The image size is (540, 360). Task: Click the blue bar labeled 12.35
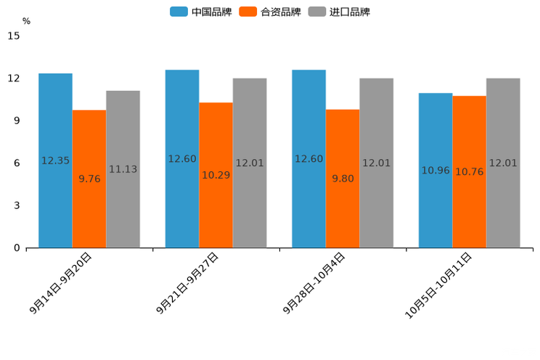pyautogui.click(x=55, y=160)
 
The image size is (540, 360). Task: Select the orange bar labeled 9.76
pyautogui.click(x=89, y=179)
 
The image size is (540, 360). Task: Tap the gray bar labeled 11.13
pyautogui.click(x=123, y=169)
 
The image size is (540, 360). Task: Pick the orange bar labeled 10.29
pyautogui.click(x=216, y=175)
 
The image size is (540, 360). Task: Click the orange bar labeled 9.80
pyautogui.click(x=343, y=179)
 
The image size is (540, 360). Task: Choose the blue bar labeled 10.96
pyautogui.click(x=435, y=171)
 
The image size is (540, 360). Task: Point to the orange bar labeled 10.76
pyautogui.click(x=469, y=172)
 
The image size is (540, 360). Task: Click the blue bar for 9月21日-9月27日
pyautogui.click(x=182, y=159)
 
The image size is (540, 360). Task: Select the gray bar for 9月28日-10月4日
pyautogui.click(x=376, y=163)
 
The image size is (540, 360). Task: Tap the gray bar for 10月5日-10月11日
pyautogui.click(x=503, y=163)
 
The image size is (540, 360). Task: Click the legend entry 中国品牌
pyautogui.click(x=200, y=12)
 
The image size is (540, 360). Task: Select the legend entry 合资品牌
pyautogui.click(x=270, y=12)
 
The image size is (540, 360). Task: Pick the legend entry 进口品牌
pyautogui.click(x=339, y=12)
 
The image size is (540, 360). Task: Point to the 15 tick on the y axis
pyautogui.click(x=14, y=36)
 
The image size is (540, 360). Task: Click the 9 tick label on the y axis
pyautogui.click(x=17, y=120)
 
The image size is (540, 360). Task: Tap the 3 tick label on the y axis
pyautogui.click(x=17, y=205)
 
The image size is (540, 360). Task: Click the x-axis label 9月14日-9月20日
pyautogui.click(x=62, y=283)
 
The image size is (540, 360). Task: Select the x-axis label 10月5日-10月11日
pyautogui.click(x=439, y=285)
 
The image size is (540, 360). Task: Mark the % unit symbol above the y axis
pyautogui.click(x=26, y=21)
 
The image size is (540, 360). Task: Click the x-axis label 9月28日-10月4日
pyautogui.click(x=315, y=283)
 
